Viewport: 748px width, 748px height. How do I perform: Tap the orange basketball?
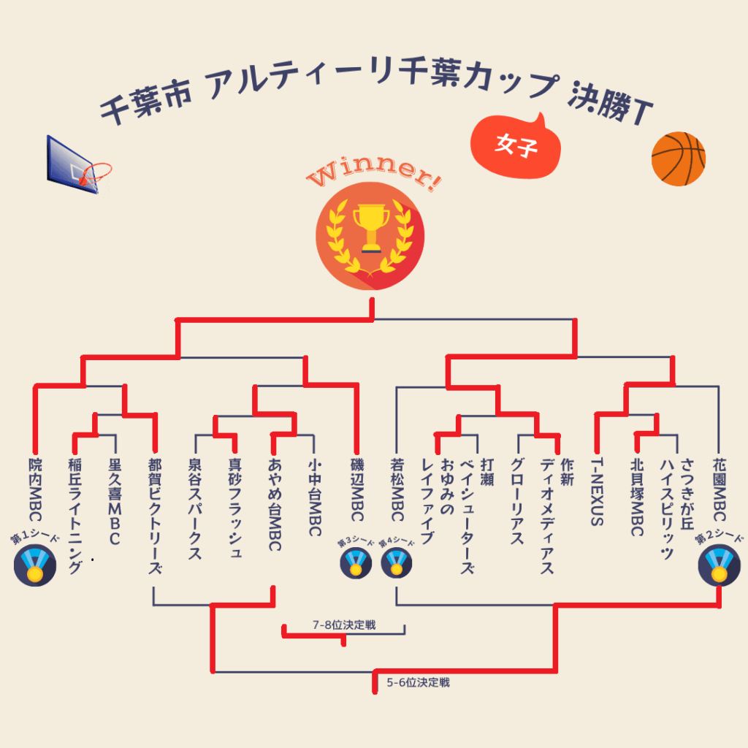[678, 159]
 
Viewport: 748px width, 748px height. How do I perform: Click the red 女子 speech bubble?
[516, 146]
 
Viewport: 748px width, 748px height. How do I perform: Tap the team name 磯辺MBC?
[356, 489]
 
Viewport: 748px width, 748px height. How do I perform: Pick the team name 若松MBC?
[397, 489]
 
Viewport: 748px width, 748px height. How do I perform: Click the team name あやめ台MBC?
[275, 504]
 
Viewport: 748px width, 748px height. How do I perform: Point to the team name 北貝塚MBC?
[637, 497]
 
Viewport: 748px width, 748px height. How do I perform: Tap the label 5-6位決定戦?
[418, 683]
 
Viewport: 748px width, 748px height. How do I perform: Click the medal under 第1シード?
[34, 566]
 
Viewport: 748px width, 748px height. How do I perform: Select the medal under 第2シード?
[719, 566]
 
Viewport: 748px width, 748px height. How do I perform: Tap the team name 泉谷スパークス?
[194, 508]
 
